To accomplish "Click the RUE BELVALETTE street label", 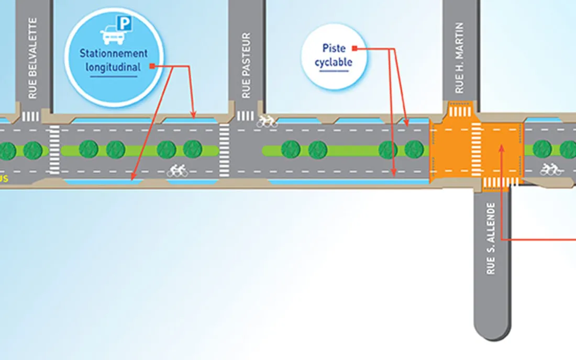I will (33, 59).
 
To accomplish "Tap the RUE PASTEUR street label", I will (247, 66).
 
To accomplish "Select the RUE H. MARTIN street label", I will (460, 58).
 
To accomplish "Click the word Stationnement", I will (114, 53).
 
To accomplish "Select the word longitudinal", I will (113, 67).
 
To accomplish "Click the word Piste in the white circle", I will (334, 48).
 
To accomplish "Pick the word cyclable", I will (333, 62).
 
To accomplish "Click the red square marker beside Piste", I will (355, 49).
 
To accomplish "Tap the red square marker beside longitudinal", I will (152, 66).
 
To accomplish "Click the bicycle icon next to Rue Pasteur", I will (267, 121).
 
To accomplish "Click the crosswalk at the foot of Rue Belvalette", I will (31, 116).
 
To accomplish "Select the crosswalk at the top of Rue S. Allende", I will (500, 182).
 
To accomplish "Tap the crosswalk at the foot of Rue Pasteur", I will (245, 116).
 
